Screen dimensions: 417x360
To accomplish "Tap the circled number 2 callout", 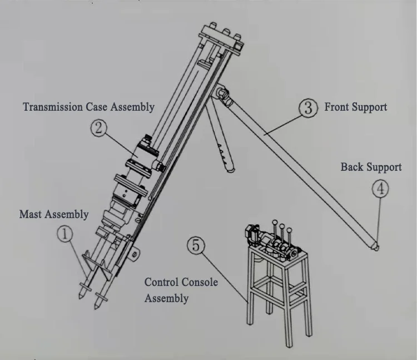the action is (x=98, y=128).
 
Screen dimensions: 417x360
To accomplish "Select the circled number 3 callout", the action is (x=308, y=107).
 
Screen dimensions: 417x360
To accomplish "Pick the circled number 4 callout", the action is (x=380, y=189).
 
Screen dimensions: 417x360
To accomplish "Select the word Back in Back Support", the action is (x=353, y=167).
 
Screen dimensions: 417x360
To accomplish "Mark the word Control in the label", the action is (x=162, y=282).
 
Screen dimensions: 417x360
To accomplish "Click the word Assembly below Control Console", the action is (x=166, y=298).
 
